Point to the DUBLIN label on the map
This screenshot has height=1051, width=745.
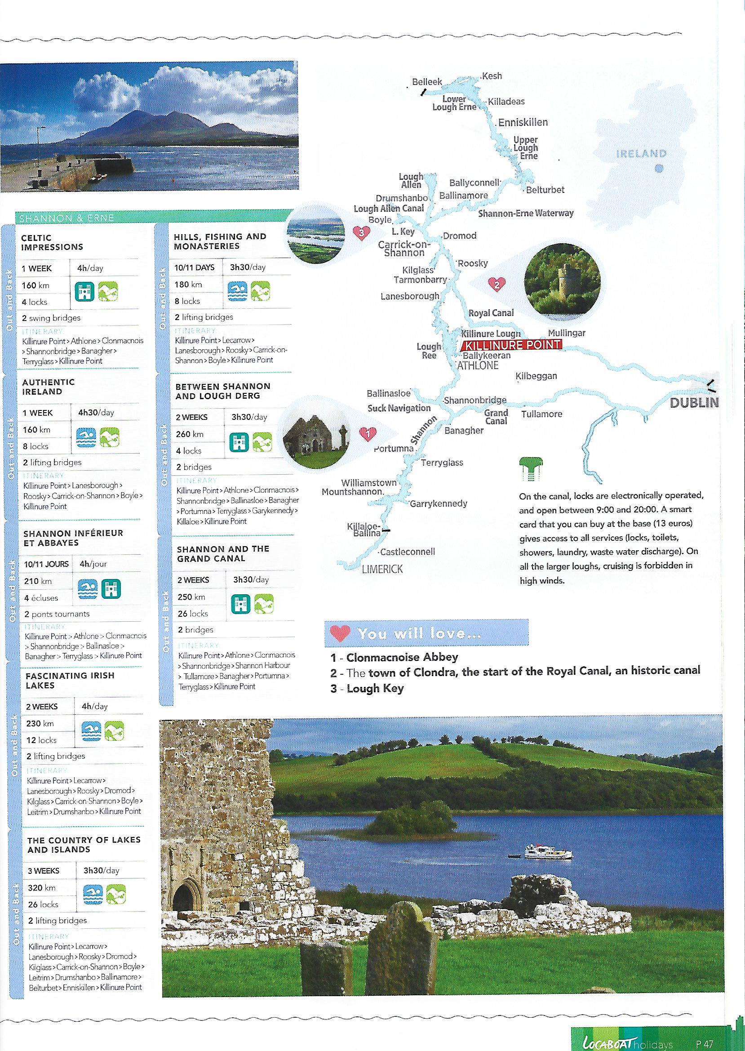[694, 403]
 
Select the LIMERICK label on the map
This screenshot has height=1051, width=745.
[382, 569]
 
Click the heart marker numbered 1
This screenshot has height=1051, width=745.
[368, 433]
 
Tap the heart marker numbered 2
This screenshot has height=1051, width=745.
[497, 285]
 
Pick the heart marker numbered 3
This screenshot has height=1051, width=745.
[361, 233]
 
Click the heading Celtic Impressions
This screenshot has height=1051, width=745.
[52, 242]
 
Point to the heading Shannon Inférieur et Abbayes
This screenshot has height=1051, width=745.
[73, 538]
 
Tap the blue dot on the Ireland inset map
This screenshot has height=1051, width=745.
[659, 169]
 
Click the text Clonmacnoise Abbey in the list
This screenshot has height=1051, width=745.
[402, 657]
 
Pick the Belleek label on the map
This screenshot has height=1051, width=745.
[426, 82]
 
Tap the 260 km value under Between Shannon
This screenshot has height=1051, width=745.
[190, 434]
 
